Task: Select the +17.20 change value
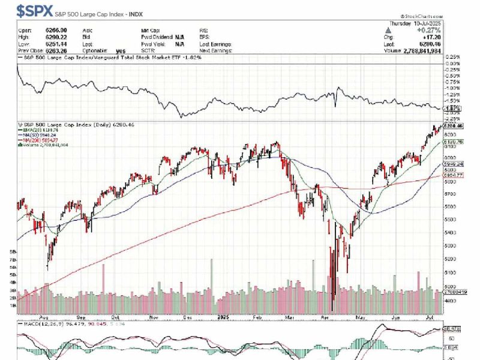[432, 37]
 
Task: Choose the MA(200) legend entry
[41, 140]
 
